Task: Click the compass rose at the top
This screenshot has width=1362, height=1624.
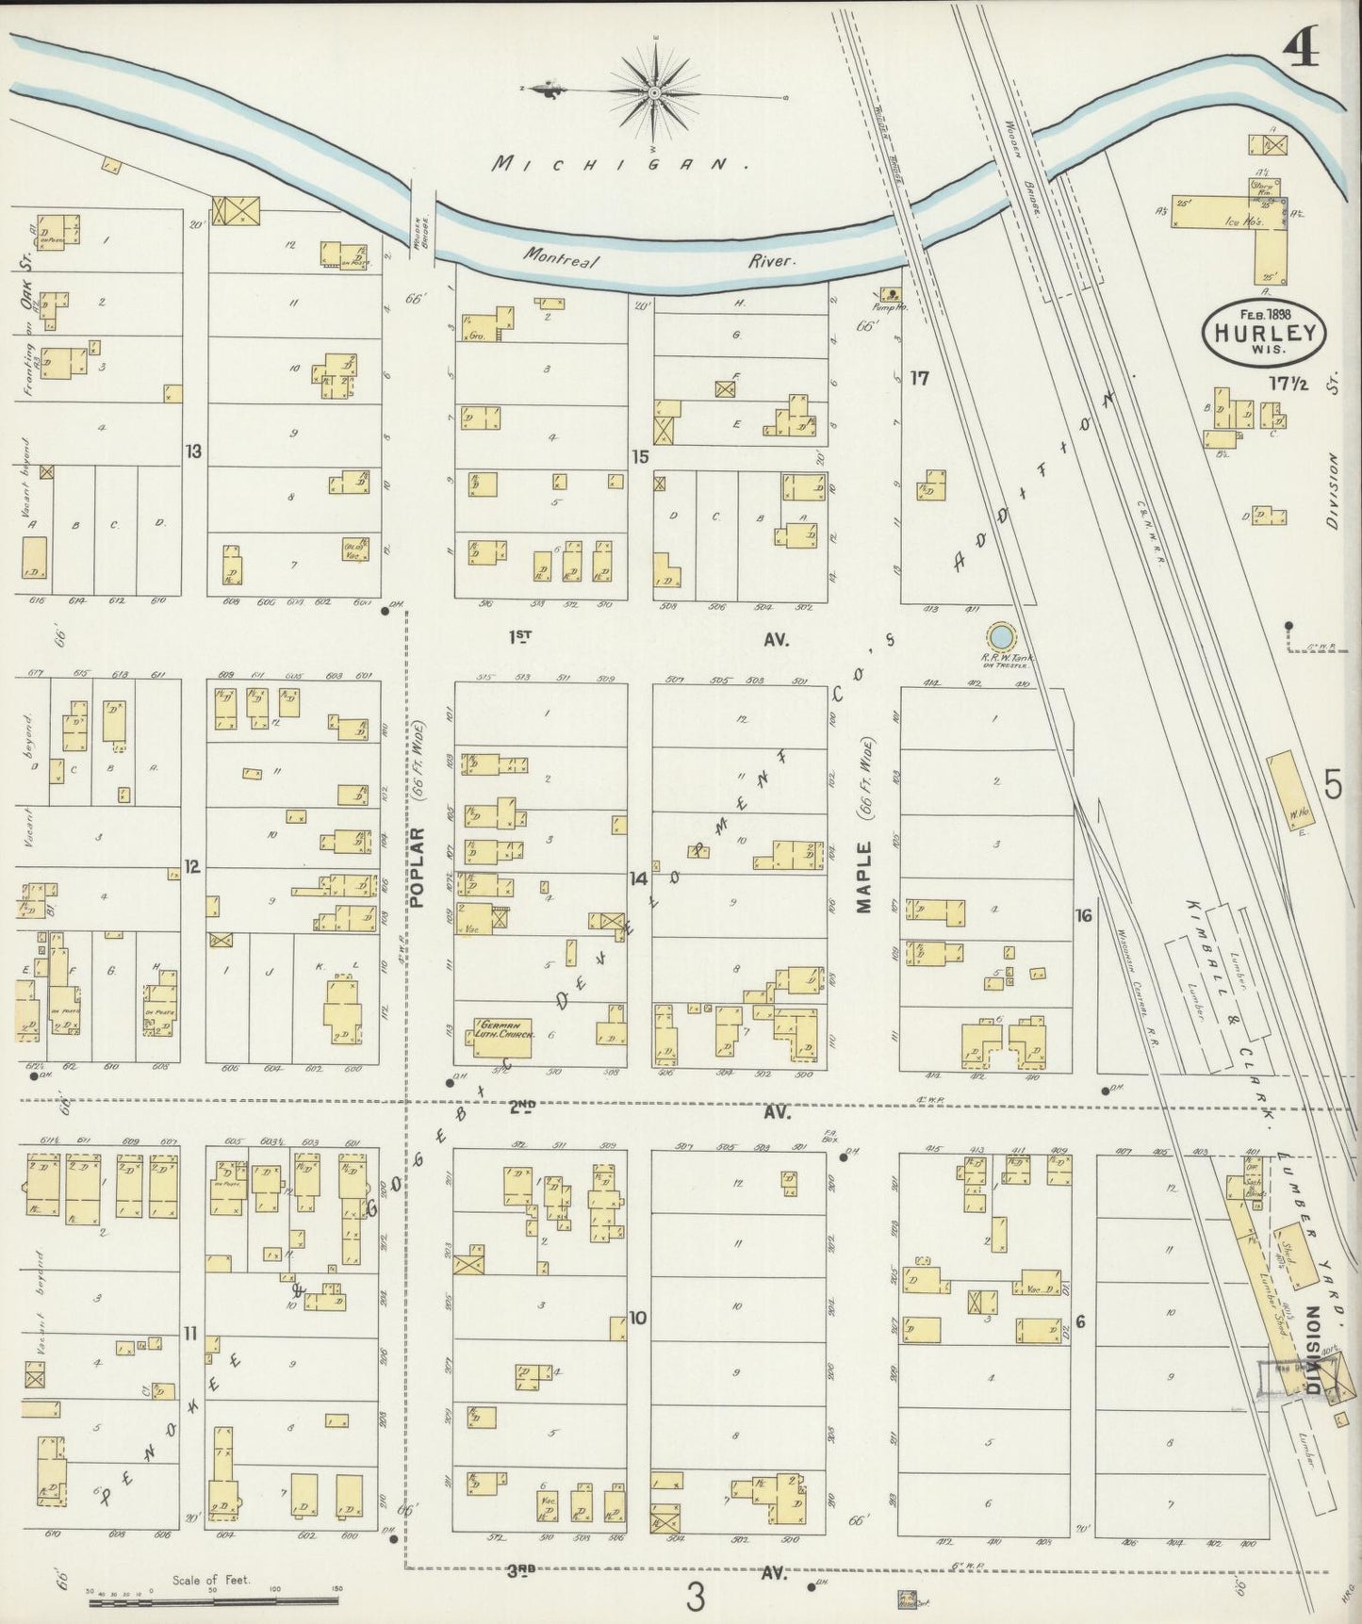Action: [x=653, y=92]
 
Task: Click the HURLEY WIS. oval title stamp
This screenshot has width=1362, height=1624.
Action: [x=1264, y=332]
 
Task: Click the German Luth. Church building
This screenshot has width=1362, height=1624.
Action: [x=502, y=1034]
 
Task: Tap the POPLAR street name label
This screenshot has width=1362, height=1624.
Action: [x=418, y=867]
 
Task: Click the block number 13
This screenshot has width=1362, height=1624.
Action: [x=193, y=451]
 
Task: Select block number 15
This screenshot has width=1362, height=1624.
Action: [x=640, y=457]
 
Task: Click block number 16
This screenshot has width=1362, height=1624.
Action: [x=1084, y=913]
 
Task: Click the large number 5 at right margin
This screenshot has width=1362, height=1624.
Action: [x=1332, y=784]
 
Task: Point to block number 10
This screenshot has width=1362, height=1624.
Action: [x=638, y=1317]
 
